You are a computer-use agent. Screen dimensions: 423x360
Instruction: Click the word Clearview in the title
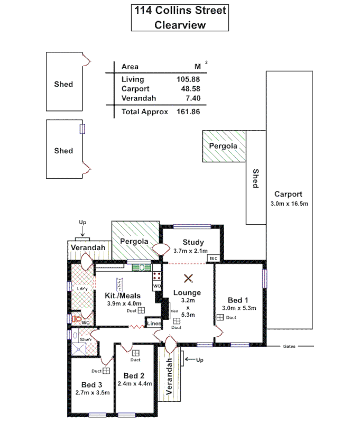point(179,24)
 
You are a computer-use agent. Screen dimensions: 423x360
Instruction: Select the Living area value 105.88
point(188,79)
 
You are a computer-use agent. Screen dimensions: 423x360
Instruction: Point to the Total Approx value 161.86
point(188,112)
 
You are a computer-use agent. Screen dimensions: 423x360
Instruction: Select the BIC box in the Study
point(214,258)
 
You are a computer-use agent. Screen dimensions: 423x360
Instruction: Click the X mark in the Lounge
point(188,278)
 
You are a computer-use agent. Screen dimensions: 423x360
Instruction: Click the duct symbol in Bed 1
point(219,317)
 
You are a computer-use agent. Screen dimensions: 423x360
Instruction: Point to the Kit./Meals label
point(123,295)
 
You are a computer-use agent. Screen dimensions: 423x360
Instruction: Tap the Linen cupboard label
point(153,323)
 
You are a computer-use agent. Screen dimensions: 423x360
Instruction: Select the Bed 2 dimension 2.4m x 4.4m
point(135,384)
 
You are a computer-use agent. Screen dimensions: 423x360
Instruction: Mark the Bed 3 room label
point(92,384)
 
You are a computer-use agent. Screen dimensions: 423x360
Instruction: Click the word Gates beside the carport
point(289,346)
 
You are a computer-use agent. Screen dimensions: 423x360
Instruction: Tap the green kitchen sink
point(141,268)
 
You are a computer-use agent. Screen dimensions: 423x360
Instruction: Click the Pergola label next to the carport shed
point(220,145)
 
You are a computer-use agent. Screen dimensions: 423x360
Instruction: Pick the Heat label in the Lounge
point(174,311)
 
